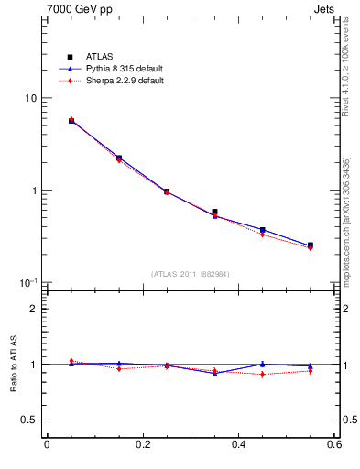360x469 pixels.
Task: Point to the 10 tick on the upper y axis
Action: (30, 99)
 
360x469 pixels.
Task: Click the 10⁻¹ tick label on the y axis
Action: (29, 282)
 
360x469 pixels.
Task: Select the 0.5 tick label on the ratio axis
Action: (29, 420)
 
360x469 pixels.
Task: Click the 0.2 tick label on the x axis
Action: (143, 445)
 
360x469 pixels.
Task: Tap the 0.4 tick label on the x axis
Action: (239, 445)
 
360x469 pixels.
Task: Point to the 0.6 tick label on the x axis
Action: (334, 445)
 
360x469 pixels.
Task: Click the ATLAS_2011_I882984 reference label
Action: (191, 274)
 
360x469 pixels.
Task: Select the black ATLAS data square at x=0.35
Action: (214, 213)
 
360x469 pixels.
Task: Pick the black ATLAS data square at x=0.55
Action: (311, 245)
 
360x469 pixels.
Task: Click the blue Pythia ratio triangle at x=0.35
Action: (214, 373)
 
